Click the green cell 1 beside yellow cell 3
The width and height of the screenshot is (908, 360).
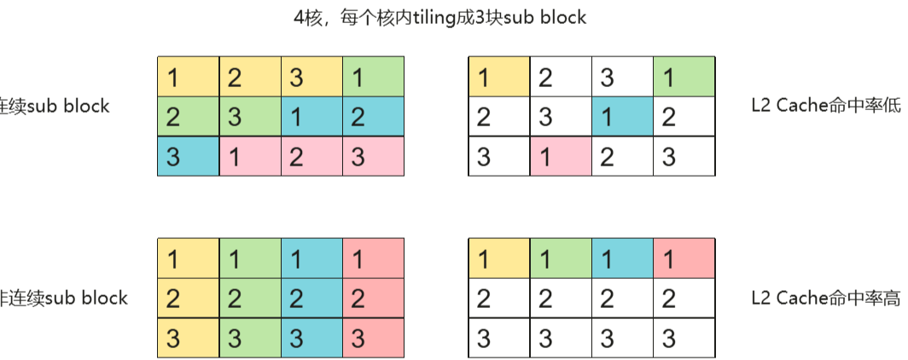click(374, 77)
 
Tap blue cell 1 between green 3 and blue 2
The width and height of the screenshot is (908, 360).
click(312, 116)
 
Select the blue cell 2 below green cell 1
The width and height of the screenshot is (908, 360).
click(374, 116)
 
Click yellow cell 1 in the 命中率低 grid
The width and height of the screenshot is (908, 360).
click(498, 77)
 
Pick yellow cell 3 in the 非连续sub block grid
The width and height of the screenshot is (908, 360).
click(188, 337)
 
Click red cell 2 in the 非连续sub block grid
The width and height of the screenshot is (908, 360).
click(374, 298)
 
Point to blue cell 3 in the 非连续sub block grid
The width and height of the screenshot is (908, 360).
click(312, 337)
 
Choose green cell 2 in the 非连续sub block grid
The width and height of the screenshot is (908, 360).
click(250, 298)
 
